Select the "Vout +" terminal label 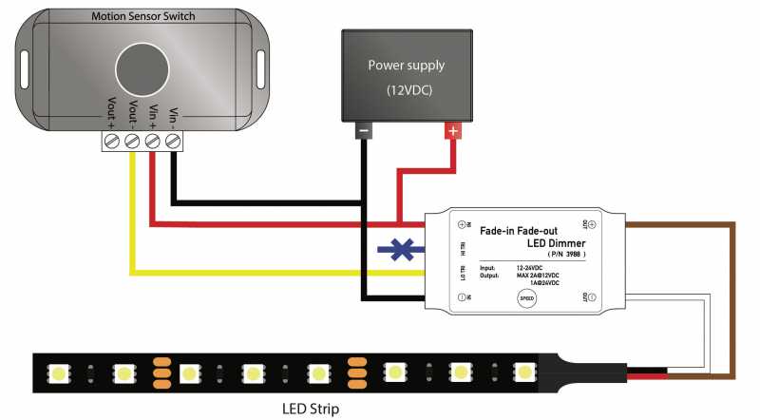coord(113,115)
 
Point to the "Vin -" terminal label coord(173,117)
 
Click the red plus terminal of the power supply coord(454,132)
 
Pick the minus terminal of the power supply coord(363,132)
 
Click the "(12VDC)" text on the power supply coord(406,90)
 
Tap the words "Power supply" coord(406,66)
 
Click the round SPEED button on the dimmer coord(526,298)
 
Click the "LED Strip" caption coord(310,410)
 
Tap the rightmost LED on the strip coord(523,370)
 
